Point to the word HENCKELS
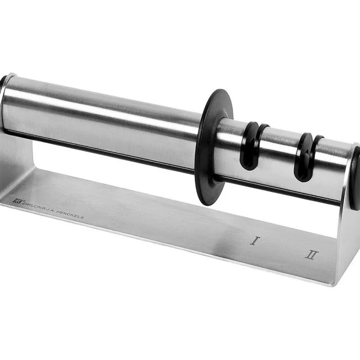tap(70, 215)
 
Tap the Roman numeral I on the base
tap(254, 241)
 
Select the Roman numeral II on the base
tap(311, 255)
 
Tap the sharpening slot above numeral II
tap(303, 158)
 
